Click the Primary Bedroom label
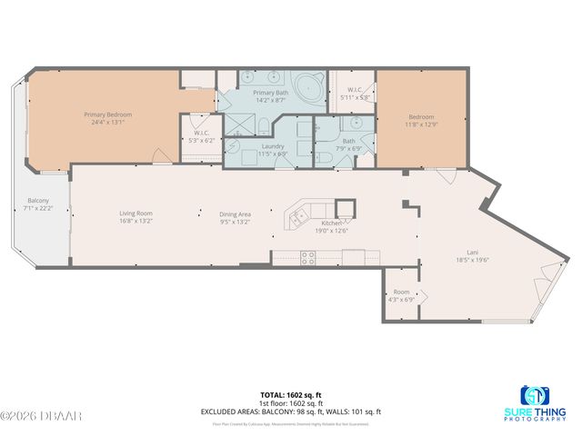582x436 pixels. pos(108,114)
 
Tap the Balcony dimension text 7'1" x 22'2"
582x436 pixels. pos(38,209)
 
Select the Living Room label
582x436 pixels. pos(135,214)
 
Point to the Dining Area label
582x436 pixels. pos(235,214)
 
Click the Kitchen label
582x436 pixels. pos(332,223)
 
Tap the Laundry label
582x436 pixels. pos(273,146)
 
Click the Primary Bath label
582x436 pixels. pos(270,93)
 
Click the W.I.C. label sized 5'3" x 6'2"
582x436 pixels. pos(202,134)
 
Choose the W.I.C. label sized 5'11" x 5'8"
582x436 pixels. pos(355,90)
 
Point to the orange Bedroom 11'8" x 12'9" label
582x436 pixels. pos(421,116)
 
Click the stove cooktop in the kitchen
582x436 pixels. pos(307,257)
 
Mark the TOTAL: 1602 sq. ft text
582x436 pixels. pos(290,394)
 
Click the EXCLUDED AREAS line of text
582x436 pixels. pos(290,411)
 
